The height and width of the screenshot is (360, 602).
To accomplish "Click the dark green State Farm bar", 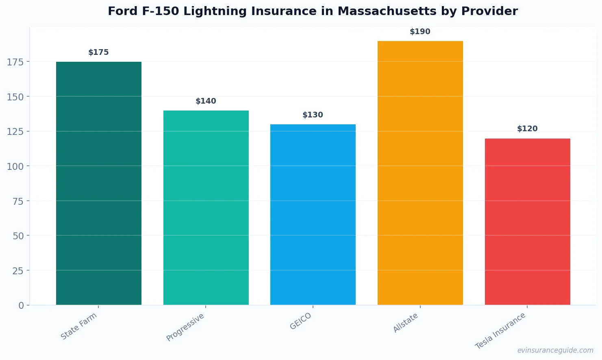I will [99, 183].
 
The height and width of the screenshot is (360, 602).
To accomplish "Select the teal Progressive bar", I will [206, 207].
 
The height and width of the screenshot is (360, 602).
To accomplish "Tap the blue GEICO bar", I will [313, 214].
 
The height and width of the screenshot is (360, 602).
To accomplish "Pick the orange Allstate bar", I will [420, 173].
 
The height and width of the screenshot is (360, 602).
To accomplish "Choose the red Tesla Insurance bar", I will [527, 221].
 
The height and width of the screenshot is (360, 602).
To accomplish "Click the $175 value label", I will [99, 52].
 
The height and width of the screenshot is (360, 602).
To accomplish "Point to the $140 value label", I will [206, 101].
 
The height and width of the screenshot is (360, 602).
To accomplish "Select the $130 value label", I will [313, 115].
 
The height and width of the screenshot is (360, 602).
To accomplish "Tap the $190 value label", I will [420, 32].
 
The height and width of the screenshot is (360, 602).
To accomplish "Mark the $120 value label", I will [527, 129].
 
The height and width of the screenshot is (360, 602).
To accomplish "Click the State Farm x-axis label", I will [79, 326].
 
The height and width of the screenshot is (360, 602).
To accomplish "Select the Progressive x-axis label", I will [185, 327].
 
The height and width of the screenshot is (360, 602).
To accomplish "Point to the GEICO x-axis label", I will [300, 321].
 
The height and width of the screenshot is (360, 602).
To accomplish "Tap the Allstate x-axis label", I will [405, 323].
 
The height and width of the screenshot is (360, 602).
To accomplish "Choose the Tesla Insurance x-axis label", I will [500, 331].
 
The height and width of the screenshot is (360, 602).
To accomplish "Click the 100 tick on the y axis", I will [15, 166].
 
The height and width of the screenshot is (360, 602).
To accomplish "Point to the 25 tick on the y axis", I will [18, 271].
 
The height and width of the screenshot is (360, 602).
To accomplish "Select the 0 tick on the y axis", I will [21, 306].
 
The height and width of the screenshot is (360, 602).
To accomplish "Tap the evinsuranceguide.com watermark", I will [555, 350].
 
